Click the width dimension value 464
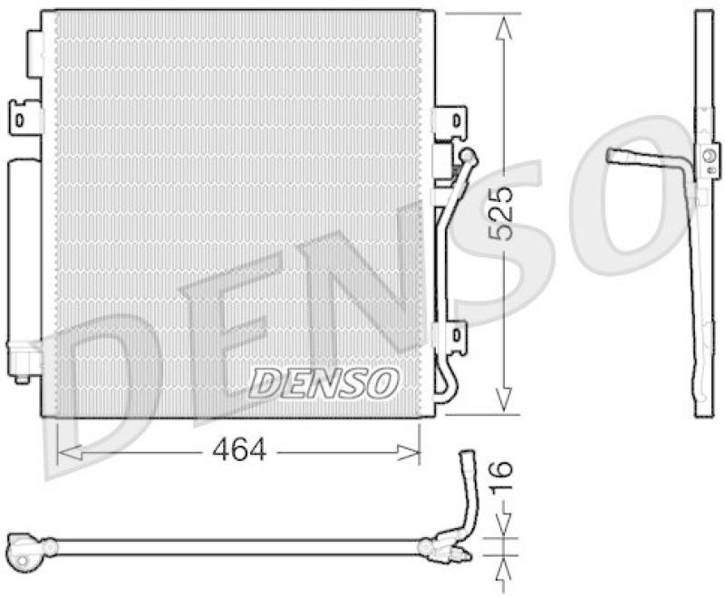239,449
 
